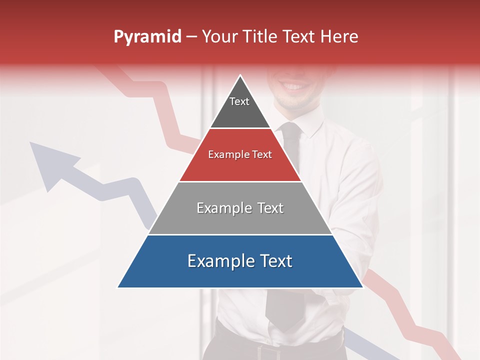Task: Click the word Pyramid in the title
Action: tap(147, 37)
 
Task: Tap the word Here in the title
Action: tap(339, 37)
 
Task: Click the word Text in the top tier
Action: tap(239, 101)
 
